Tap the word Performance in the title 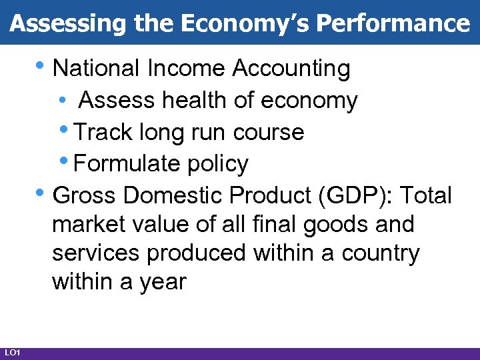click(x=393, y=23)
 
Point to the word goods click(x=335, y=225)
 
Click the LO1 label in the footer click(x=13, y=352)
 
